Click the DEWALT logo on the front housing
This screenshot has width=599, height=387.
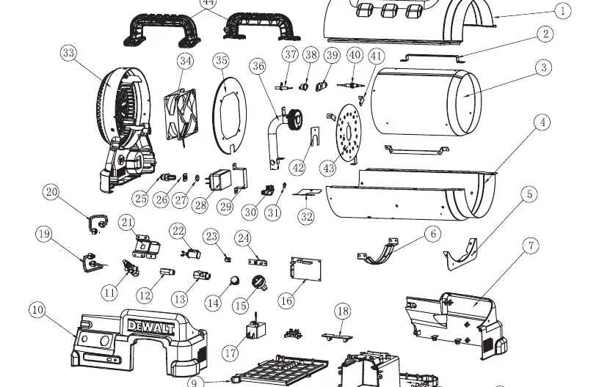coord(150,327)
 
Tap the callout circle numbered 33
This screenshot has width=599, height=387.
coord(68,53)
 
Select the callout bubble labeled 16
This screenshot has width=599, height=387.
coord(286,301)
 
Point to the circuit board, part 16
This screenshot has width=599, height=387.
coord(305,269)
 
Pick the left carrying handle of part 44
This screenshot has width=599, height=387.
coord(162,29)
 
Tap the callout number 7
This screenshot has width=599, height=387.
coord(531,246)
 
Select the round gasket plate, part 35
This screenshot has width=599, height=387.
coord(229,115)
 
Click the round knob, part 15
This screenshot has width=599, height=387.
coord(259,282)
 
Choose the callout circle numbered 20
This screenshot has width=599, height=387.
coord(51,192)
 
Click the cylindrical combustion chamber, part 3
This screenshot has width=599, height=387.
coord(426,102)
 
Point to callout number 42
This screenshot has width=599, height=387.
coord(298,168)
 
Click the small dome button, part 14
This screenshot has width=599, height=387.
coord(235,281)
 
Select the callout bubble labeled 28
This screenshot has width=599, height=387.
coord(201,205)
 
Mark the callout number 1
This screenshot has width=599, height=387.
coord(562,11)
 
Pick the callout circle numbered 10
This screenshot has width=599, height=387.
coord(37,309)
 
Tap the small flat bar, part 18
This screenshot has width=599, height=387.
coord(337,336)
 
